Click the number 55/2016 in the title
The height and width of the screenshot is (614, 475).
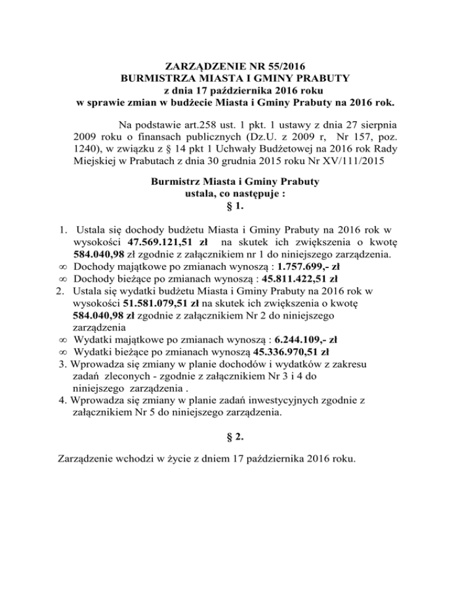coord(283,66)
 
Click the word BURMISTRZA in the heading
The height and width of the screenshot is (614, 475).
coord(156,78)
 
